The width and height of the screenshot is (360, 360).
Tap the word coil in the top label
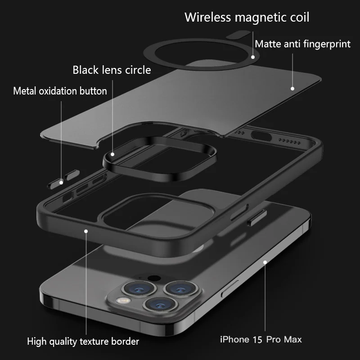[x=299, y=18]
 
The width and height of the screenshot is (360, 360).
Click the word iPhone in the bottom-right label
[x=234, y=339]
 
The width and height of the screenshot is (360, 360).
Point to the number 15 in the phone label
[x=258, y=339]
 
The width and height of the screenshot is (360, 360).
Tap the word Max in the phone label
[x=292, y=339]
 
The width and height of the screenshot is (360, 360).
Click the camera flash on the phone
[x=121, y=300]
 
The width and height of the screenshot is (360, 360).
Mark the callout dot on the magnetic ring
[x=253, y=57]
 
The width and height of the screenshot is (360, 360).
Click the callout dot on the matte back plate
[x=292, y=89]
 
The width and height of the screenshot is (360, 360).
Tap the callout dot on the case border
[x=85, y=230]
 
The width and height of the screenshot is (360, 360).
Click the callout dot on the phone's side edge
[x=265, y=261]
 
